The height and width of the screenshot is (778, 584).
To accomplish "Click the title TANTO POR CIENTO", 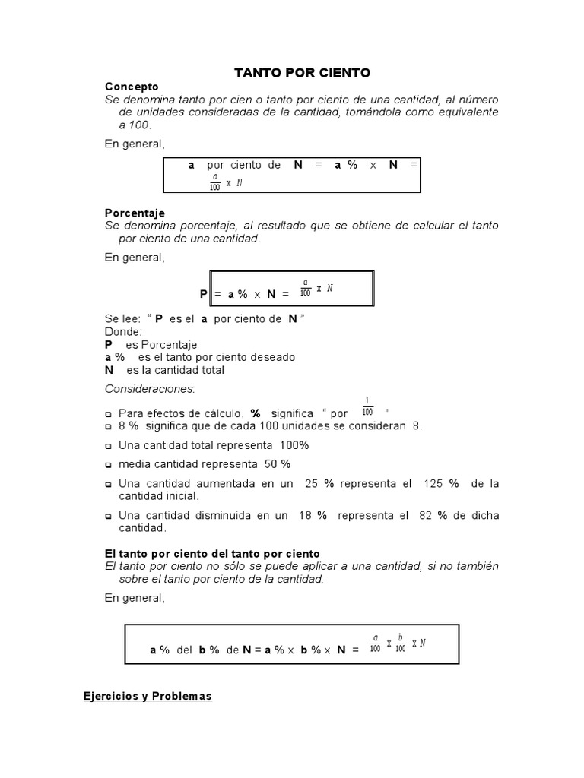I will tap(302, 73).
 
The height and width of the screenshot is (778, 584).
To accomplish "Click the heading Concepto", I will tap(132, 87).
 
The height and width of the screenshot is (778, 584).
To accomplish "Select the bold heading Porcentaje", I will tap(135, 213).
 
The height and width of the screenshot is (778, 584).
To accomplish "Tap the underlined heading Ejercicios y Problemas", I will tap(148, 696).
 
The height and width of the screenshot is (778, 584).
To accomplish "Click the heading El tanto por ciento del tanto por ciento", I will tap(212, 553).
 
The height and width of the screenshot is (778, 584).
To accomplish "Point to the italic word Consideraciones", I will tap(149, 389).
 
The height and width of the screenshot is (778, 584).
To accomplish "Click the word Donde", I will tap(122, 331).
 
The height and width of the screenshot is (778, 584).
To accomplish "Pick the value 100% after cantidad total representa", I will tap(294, 444).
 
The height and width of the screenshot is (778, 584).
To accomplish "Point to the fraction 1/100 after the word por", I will tap(368, 406).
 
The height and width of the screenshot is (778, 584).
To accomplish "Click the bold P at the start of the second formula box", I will tap(203, 294).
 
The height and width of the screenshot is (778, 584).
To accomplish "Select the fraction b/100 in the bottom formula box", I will tap(400, 644).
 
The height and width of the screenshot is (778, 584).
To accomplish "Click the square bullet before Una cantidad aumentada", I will tap(109, 485).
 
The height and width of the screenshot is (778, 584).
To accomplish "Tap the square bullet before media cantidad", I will tap(109, 465).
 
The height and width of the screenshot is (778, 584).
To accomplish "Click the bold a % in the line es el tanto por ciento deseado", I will tap(115, 357).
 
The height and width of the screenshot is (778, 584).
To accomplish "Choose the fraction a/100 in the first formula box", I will tap(215, 181).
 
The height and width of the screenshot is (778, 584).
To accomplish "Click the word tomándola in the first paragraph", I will tap(390, 112).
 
